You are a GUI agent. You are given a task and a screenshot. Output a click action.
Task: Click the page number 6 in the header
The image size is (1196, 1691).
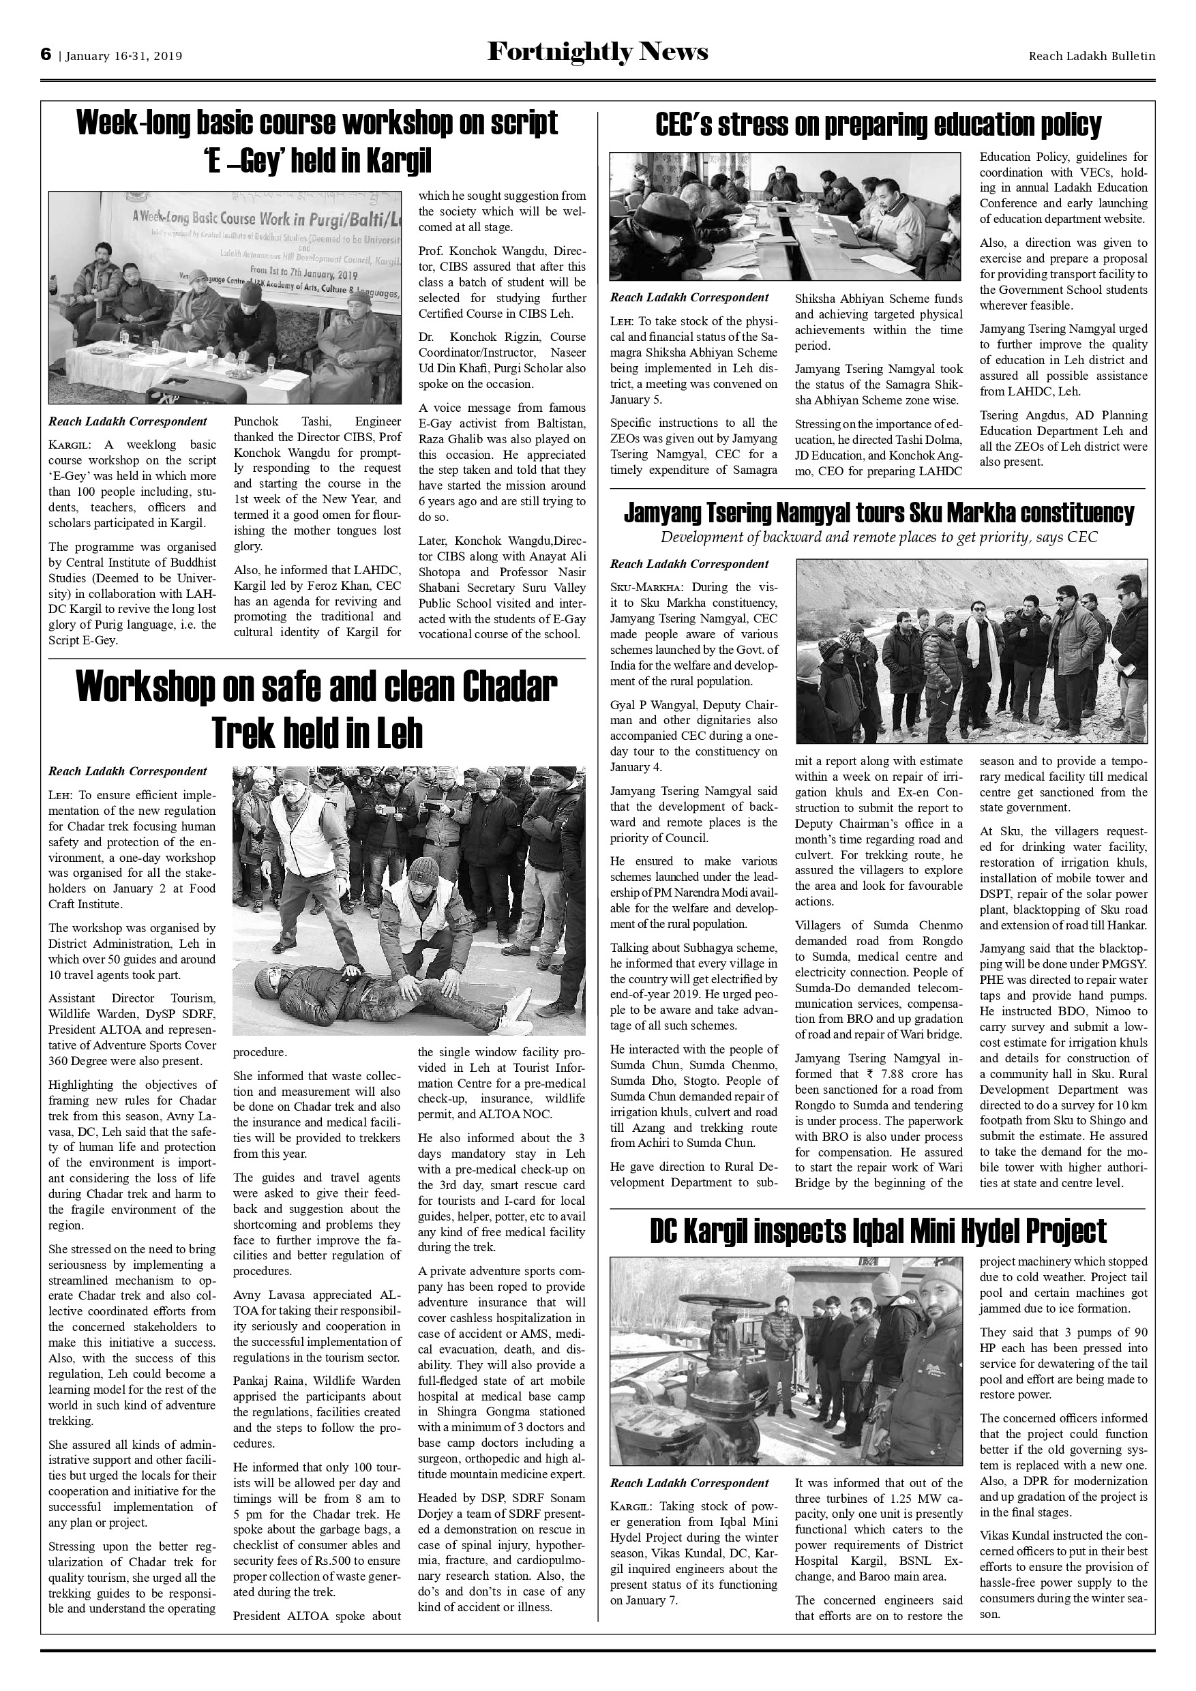(x=46, y=55)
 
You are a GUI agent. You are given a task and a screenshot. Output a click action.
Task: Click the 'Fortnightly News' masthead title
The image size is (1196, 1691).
(x=597, y=53)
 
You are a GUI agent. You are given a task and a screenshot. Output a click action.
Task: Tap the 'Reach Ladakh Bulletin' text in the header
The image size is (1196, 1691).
(x=1092, y=56)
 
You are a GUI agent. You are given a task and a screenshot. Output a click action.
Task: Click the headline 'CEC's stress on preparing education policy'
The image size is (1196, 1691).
(x=878, y=125)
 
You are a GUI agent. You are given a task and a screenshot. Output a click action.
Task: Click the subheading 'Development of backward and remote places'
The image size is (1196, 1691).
(x=878, y=537)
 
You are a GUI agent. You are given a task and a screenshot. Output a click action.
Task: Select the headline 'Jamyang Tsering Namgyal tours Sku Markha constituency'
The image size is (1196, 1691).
(x=878, y=513)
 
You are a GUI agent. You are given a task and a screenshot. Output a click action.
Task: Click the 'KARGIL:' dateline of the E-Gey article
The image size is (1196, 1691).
(x=72, y=445)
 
